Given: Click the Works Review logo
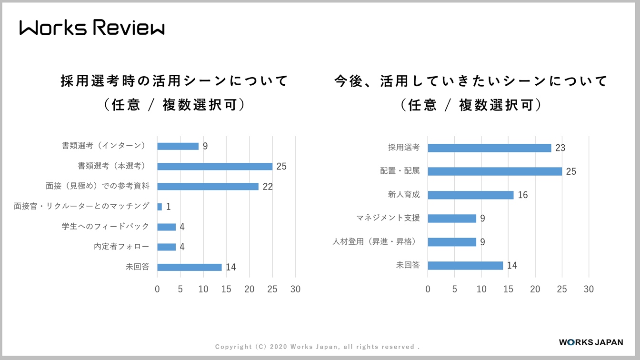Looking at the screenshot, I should click(92, 28).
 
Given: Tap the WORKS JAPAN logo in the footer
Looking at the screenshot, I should click(590, 342).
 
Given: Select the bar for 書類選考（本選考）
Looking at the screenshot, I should click(215, 167).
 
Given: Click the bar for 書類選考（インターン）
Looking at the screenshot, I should click(178, 146).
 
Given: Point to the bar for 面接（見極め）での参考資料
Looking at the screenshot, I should click(208, 187).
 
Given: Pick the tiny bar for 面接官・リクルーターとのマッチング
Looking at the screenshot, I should click(160, 207).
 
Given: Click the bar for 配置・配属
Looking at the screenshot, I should click(495, 171).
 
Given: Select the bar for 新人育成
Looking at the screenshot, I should click(470, 195).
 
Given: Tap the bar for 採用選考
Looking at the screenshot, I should click(489, 148).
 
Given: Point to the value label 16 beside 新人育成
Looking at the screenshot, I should click(522, 195).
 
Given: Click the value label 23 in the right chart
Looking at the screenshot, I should click(560, 148).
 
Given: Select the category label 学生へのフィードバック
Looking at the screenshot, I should click(105, 227).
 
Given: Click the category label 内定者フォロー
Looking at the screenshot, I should click(121, 247).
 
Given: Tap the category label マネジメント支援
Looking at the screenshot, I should click(388, 218).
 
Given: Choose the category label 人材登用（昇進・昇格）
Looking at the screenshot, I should click(376, 241).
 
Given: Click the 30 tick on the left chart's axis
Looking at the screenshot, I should click(295, 289).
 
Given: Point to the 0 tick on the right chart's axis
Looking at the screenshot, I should click(428, 289).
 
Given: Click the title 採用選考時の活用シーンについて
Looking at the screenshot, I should click(174, 81).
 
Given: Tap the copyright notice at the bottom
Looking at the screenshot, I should click(317, 347).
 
